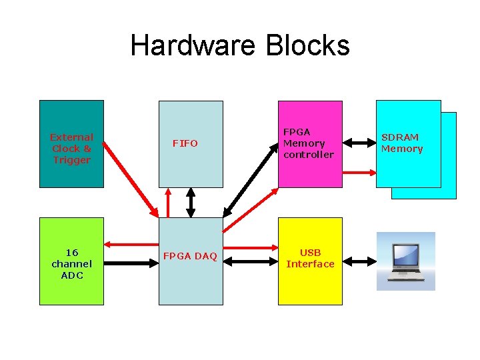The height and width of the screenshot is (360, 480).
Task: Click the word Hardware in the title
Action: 194,46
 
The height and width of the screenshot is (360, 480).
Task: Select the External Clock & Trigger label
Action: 71,149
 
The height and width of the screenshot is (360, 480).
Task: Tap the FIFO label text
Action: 185,143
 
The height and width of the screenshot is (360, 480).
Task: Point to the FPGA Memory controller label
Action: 308,143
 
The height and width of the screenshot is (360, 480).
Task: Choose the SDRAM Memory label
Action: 402,143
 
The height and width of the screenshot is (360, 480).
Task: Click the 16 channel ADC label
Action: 71,263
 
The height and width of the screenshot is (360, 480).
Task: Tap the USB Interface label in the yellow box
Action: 310,258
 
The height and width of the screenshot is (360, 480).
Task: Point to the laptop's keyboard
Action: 406,273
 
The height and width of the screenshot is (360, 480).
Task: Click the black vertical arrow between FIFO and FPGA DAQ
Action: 191,203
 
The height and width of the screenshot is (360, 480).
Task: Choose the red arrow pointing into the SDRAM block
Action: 359,172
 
